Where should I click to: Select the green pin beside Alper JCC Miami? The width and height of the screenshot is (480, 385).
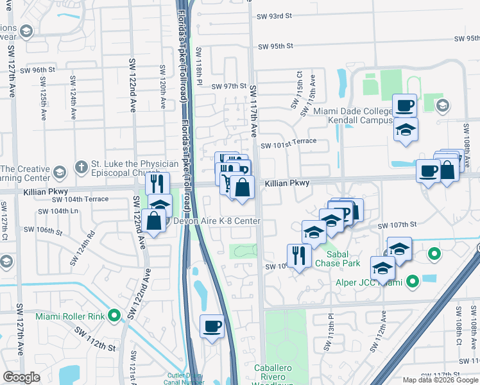413,281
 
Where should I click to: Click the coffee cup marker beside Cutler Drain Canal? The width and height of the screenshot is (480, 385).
212,327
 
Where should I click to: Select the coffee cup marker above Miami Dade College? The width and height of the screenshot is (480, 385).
405,105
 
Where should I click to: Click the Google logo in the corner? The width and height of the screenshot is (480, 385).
21,377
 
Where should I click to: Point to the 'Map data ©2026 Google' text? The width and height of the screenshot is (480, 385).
440,379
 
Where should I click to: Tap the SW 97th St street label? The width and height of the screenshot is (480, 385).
229,86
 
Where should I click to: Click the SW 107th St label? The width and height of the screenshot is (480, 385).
398,226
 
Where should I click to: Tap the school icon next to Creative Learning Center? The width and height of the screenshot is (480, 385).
59,173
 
